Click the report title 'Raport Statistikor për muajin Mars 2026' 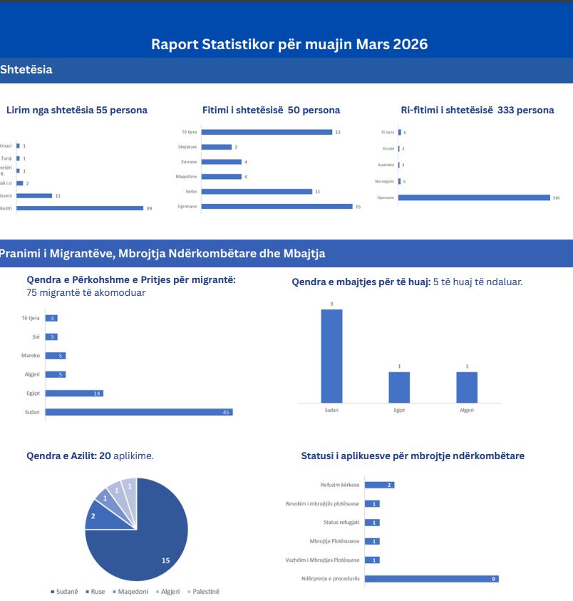tap(289, 44)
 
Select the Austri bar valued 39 tap(80, 208)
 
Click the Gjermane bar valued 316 tap(474, 197)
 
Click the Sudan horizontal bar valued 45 tap(139, 412)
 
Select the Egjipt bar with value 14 tap(74, 393)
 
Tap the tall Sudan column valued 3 tap(331, 356)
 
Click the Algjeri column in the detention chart tap(467, 387)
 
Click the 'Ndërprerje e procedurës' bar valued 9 tap(431, 578)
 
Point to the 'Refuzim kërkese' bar tap(379, 485)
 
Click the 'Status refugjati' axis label tap(340, 523)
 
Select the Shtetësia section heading tap(26, 70)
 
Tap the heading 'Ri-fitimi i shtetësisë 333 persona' tap(477, 110)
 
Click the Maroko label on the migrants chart tap(31, 356)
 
